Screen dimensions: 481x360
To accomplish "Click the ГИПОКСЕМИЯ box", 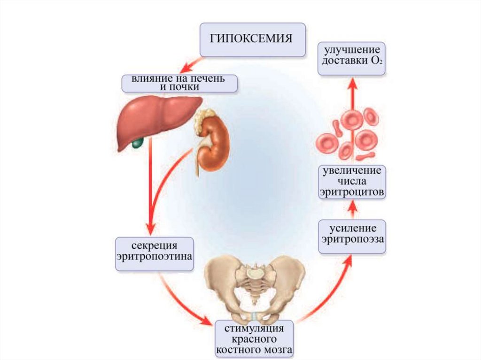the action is [252, 38].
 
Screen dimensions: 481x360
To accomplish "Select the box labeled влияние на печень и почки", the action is [178, 83].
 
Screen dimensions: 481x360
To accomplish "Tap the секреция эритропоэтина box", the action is [155, 253].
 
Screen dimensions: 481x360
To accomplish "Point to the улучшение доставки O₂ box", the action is [352, 59].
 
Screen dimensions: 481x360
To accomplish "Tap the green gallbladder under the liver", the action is [137, 142].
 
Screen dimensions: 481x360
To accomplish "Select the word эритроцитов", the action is [352, 192].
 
